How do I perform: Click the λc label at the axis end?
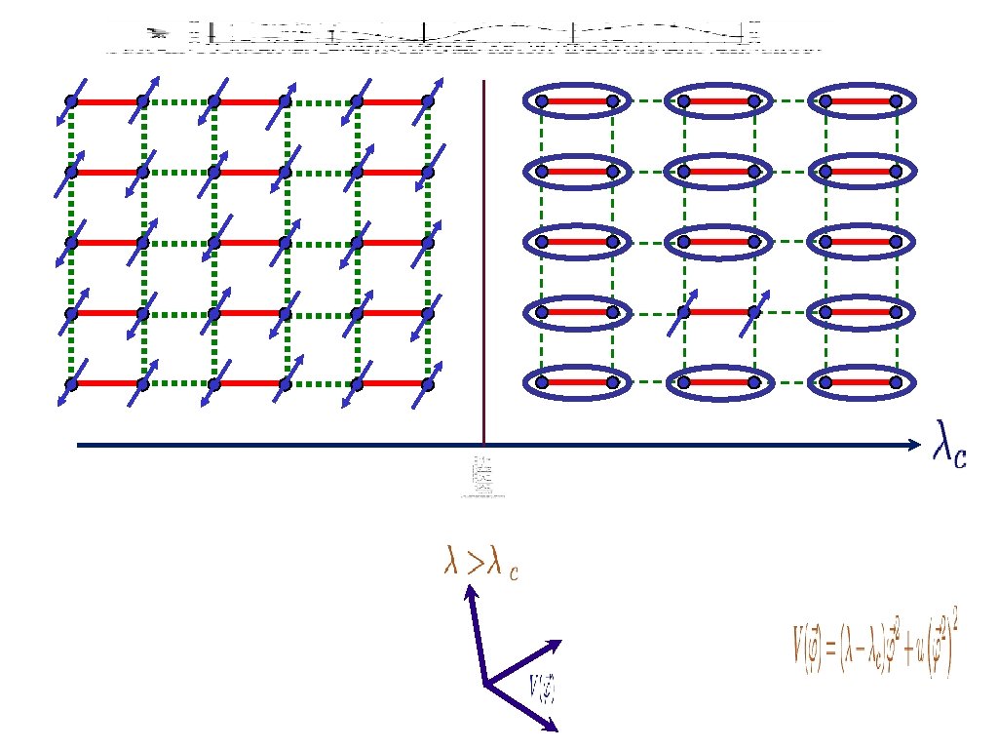[x=950, y=445]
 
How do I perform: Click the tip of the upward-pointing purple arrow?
[x=470, y=588]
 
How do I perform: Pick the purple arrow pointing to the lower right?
[x=522, y=707]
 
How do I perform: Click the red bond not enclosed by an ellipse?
[x=718, y=312]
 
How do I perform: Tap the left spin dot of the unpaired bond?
[x=683, y=312]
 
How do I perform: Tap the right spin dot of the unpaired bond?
[x=754, y=312]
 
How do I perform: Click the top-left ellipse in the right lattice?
[x=576, y=100]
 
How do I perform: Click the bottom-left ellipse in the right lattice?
[x=576, y=382]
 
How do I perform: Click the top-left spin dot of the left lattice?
[x=70, y=101]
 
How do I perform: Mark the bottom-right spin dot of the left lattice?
[x=427, y=383]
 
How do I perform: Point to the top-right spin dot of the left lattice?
[x=427, y=101]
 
